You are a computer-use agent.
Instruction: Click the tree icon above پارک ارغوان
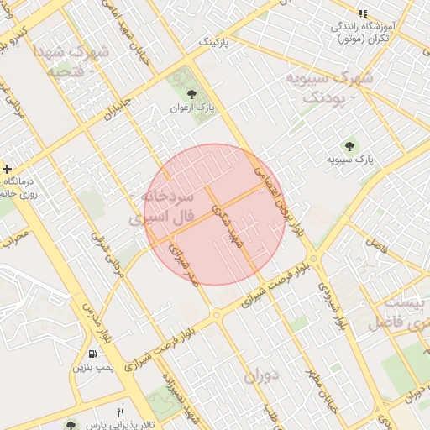click(191, 94)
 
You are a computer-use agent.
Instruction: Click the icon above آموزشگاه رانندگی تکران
click(363, 14)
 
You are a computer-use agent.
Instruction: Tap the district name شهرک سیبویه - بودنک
click(328, 87)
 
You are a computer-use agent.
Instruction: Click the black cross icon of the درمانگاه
click(7, 170)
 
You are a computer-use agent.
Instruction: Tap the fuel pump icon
click(91, 353)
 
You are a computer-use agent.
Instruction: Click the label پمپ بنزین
click(91, 367)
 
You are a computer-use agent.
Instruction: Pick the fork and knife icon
click(120, 412)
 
